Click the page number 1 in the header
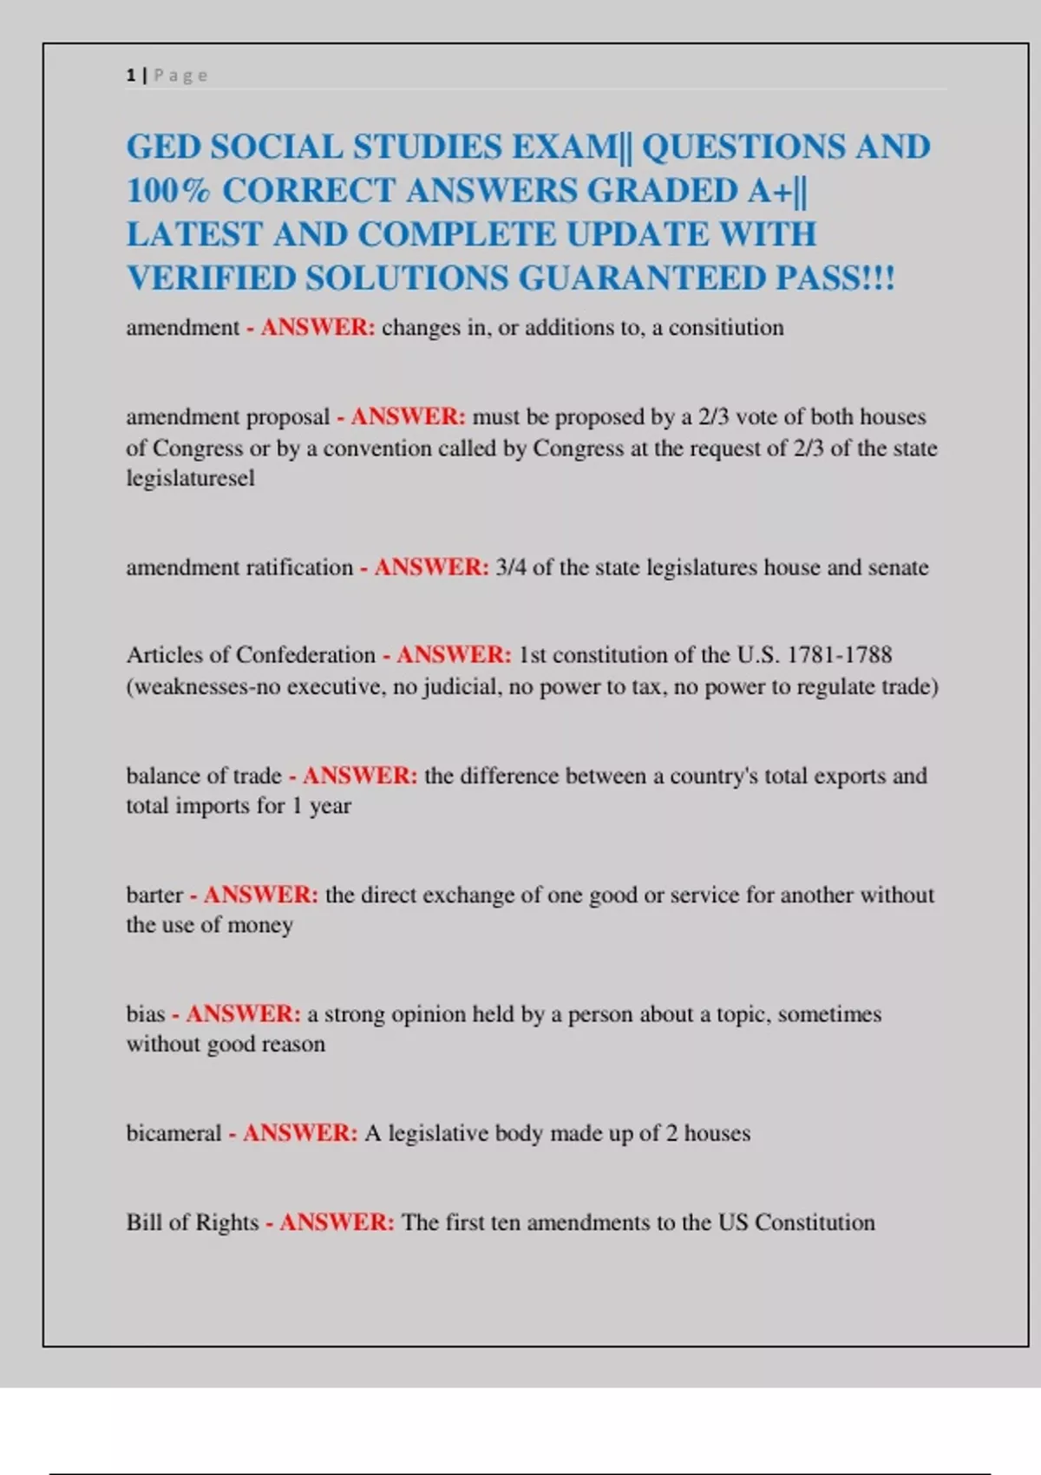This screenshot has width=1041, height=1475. coord(131,75)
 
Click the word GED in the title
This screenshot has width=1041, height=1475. coord(163,147)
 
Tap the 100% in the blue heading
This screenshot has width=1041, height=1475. coord(168,191)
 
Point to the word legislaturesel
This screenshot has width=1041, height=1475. coord(191,478)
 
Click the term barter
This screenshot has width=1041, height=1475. coord(154,895)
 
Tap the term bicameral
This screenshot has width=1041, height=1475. coord(173,1133)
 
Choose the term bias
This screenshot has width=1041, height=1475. coord(145,1014)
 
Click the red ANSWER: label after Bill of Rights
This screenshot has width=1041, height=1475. coord(337,1223)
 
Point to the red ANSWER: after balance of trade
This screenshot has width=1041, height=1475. coord(360,776)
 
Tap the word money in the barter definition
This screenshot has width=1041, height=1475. coord(260,926)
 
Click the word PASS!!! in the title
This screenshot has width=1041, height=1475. coord(835,279)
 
